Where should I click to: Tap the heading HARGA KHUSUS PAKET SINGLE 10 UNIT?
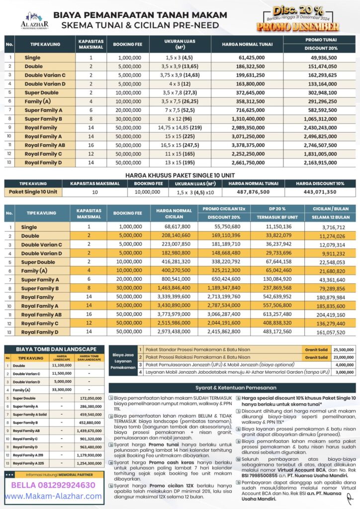click(180, 174)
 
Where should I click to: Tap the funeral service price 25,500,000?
click(342, 350)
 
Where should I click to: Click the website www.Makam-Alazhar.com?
click(50, 496)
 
